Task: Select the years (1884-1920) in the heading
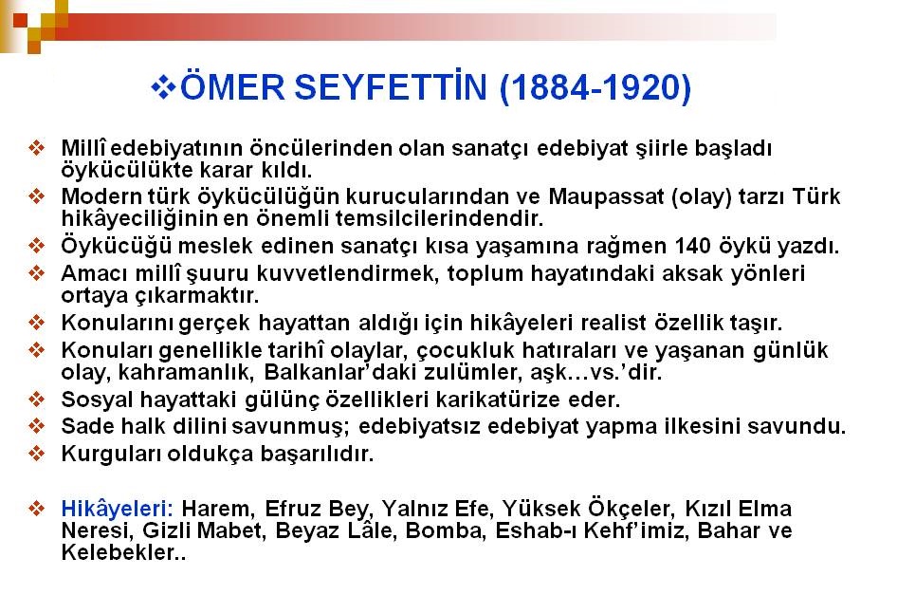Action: point(595,87)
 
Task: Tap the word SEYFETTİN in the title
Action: point(392,86)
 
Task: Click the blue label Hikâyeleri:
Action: point(118,508)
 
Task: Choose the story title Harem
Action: point(216,509)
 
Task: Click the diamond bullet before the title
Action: point(164,87)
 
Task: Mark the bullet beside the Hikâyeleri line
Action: point(36,508)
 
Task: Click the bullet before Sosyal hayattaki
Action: point(36,399)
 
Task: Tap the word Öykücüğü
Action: point(116,246)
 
